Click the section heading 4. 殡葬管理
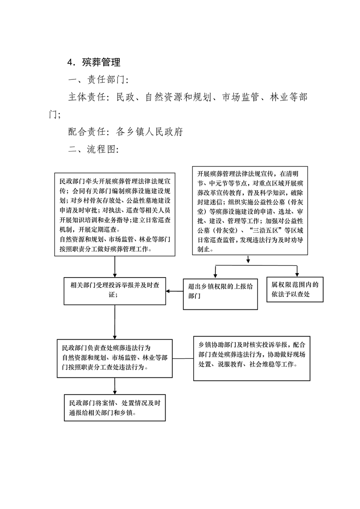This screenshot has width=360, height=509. click(x=94, y=62)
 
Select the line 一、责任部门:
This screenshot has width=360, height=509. click(x=98, y=79)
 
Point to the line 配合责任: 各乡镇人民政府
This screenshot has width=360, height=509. click(x=126, y=132)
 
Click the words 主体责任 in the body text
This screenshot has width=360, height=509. click(x=87, y=97)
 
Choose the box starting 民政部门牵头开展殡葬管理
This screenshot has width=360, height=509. click(x=115, y=215)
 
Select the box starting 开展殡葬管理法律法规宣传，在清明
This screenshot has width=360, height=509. click(x=250, y=210)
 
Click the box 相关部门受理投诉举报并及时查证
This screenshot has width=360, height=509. click(x=115, y=291)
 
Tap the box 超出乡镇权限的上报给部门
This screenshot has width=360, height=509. click(x=220, y=294)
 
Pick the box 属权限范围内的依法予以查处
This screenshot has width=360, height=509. click(x=295, y=289)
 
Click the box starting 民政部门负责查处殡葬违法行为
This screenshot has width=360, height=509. click(x=115, y=358)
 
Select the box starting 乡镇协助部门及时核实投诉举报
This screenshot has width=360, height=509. click(x=252, y=358)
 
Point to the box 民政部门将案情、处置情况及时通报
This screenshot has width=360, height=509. click(x=115, y=408)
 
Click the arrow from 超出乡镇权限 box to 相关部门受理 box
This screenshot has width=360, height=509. click(x=175, y=291)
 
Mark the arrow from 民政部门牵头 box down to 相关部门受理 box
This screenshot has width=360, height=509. click(x=115, y=267)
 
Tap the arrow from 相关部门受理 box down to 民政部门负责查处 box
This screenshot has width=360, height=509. click(x=115, y=322)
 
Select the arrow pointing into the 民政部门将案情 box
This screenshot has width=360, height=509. click(x=115, y=387)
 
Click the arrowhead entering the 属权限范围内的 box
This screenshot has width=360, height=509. click(x=297, y=275)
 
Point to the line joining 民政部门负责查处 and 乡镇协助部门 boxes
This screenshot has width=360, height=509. click(x=183, y=359)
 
